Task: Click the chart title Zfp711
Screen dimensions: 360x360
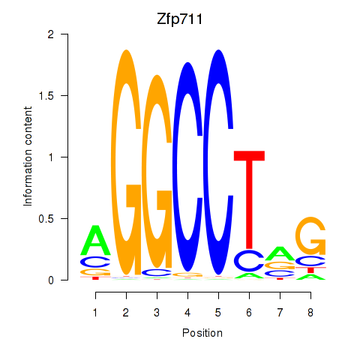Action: tap(179, 19)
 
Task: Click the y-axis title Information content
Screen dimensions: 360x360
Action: tap(28, 157)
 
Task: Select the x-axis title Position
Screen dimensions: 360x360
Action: tap(202, 333)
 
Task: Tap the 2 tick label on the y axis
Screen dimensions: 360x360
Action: tap(51, 34)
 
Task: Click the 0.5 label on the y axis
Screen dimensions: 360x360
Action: tap(46, 218)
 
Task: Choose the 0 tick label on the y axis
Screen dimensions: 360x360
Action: tap(51, 280)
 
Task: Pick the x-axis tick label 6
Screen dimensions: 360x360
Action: tap(249, 313)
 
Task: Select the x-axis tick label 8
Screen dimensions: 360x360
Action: tap(310, 313)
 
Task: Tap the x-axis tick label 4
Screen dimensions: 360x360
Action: tap(187, 313)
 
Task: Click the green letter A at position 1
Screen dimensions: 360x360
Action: tap(95, 240)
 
